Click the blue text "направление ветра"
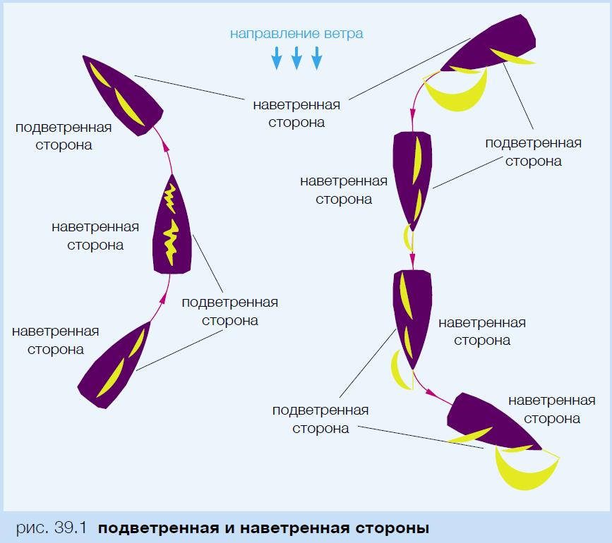(296, 33)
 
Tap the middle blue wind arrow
(296, 58)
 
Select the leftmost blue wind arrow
(277, 58)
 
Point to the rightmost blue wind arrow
(316, 58)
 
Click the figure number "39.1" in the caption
(68, 527)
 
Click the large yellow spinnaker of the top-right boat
(459, 92)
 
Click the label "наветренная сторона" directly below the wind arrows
(296, 113)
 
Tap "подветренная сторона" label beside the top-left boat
(64, 136)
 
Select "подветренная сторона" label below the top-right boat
(533, 152)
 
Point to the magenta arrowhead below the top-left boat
(167, 145)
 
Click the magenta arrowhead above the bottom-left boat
(165, 300)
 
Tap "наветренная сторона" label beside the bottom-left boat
(56, 339)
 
